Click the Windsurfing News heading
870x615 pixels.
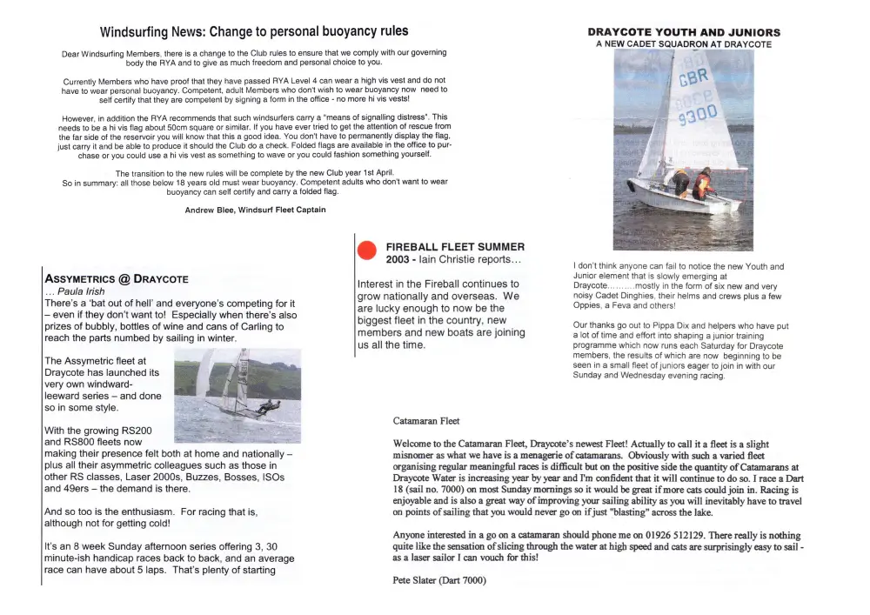click(x=253, y=32)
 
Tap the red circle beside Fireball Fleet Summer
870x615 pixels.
click(x=367, y=251)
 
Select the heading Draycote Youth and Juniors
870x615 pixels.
click(x=684, y=33)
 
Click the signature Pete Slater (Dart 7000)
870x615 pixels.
click(x=439, y=578)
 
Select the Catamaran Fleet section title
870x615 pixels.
click(x=426, y=421)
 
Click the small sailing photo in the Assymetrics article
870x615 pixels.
click(x=238, y=395)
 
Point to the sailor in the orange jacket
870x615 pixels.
click(x=702, y=183)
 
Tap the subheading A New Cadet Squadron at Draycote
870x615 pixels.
click(x=684, y=44)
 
